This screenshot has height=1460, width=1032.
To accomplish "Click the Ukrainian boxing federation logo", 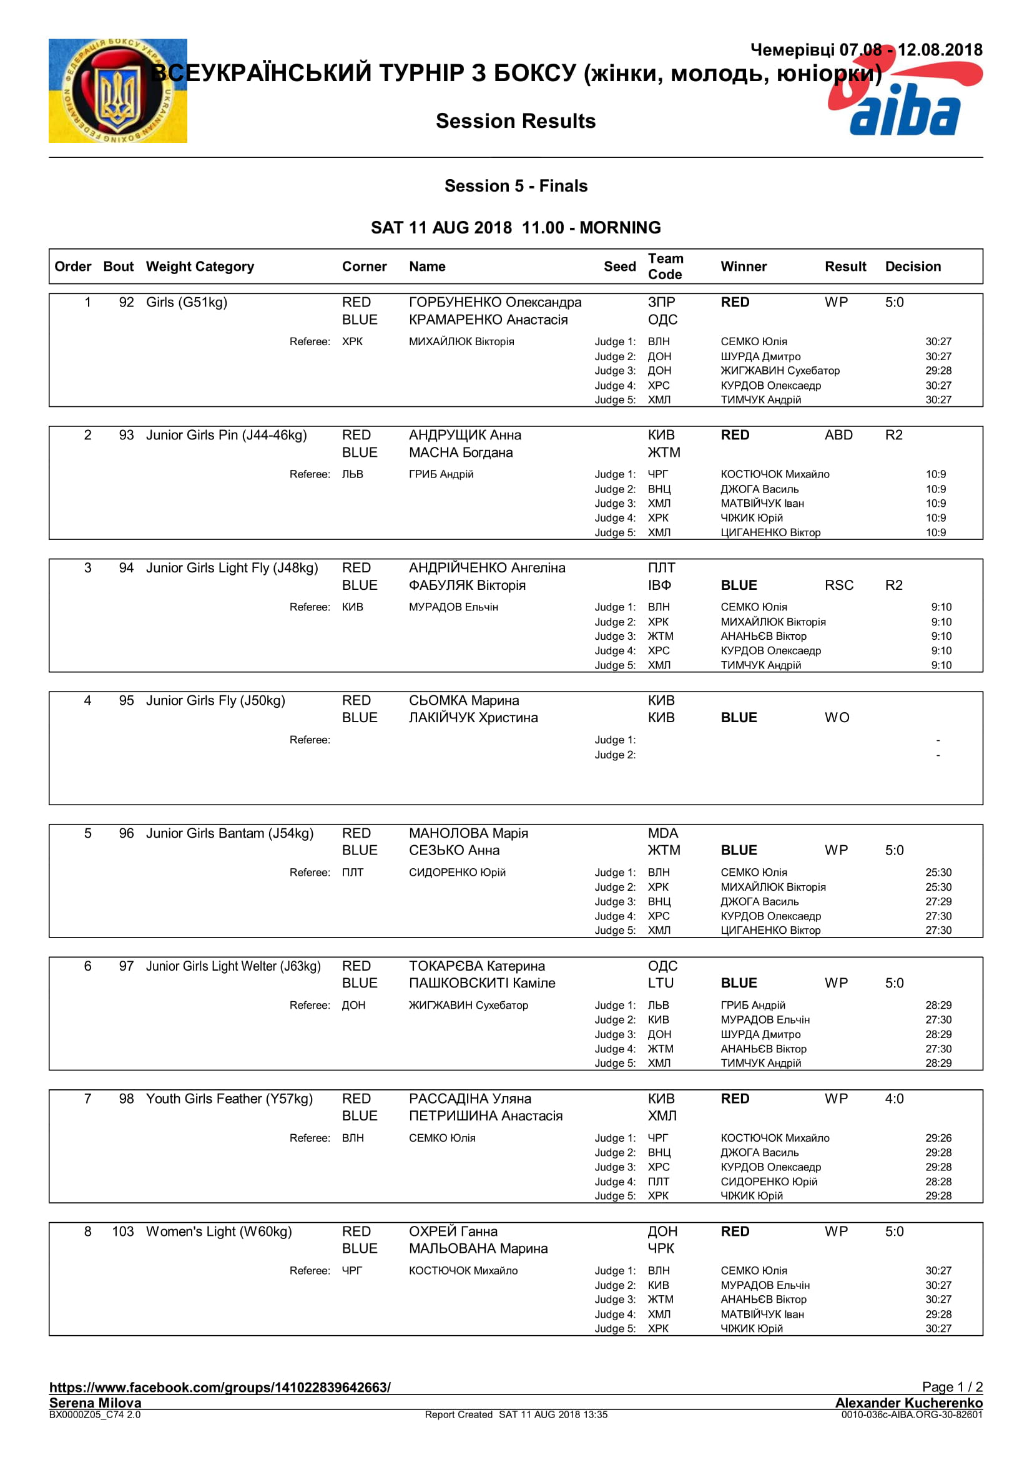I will click(117, 91).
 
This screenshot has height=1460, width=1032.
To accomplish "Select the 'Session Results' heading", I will click(515, 121).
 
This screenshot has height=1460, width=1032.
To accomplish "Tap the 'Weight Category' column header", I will click(200, 267).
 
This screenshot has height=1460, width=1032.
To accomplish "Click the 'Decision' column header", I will click(913, 267).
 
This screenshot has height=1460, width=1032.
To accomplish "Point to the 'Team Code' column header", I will click(664, 267).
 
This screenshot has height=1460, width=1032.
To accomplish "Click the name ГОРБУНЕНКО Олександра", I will click(494, 302).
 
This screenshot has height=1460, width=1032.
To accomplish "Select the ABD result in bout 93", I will click(838, 435).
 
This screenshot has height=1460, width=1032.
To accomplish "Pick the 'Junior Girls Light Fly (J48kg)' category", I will click(232, 568).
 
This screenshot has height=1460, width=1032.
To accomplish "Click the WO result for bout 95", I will click(837, 717).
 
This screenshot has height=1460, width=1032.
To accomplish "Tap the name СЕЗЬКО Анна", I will click(454, 850).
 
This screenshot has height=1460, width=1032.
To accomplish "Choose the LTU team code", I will click(661, 983).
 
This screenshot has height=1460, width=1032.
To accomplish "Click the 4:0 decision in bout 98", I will click(894, 1099).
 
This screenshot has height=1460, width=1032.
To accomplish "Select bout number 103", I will click(123, 1232).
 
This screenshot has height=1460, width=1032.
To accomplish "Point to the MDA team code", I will click(662, 833).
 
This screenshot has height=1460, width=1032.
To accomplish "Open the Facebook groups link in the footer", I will click(220, 1388).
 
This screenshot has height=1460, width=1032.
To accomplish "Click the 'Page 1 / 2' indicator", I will click(952, 1387).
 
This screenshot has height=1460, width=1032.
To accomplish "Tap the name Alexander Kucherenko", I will click(908, 1403).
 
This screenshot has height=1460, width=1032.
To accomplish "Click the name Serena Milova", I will click(96, 1403).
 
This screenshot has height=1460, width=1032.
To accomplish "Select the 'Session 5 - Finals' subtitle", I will click(516, 185).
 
